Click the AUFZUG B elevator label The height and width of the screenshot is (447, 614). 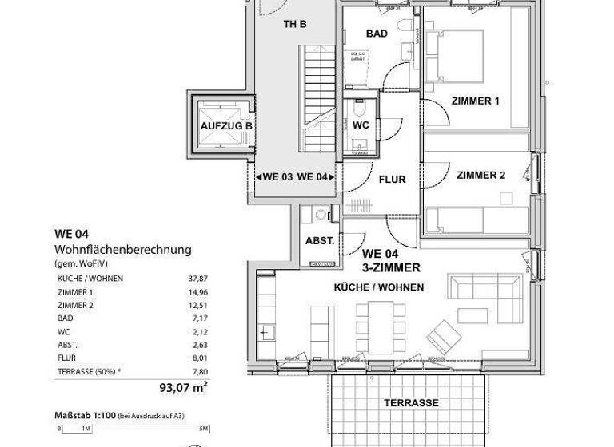coord(226,126)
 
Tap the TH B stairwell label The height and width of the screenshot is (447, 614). coord(295,24)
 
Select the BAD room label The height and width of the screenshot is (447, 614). coord(377,34)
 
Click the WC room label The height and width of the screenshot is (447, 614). coord(360,125)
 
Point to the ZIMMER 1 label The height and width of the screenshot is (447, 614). coord(475,101)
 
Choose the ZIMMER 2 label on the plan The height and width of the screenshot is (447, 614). coord(480,176)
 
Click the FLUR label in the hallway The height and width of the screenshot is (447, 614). coord(392,180)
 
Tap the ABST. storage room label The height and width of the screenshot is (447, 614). coord(319,241)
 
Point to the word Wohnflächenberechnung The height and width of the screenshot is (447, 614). coord(123,249)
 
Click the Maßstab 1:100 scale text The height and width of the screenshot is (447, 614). coord(86,415)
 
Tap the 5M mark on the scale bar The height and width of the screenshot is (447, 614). coord(203,429)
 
